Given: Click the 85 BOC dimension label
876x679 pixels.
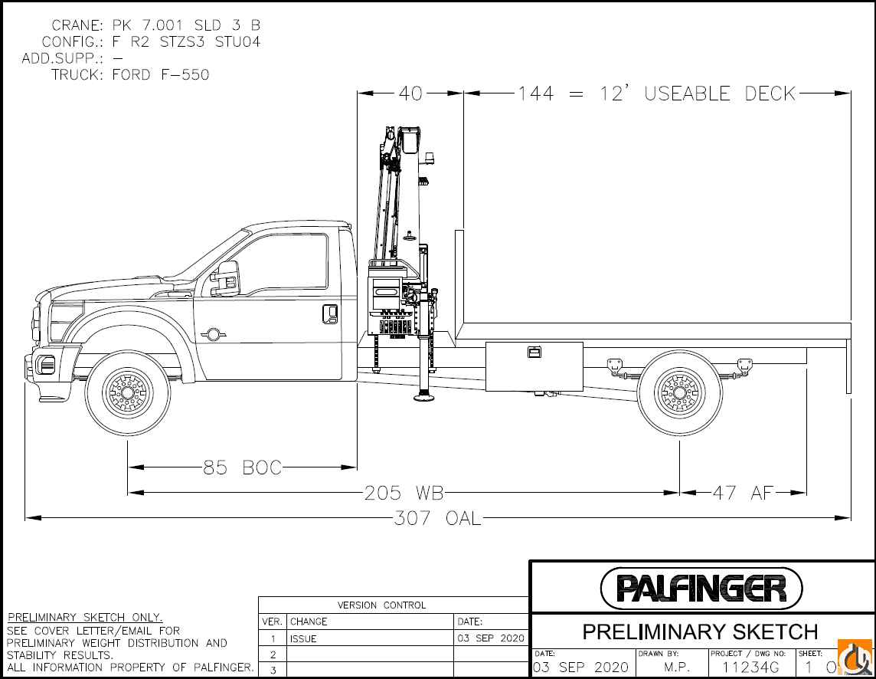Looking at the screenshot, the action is point(243,467).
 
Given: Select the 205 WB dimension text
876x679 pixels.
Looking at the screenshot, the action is point(404,493).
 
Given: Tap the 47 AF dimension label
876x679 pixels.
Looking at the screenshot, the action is point(743,493).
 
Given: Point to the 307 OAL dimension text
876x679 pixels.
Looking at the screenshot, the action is point(437,519).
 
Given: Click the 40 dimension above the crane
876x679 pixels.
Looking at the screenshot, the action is point(410,93).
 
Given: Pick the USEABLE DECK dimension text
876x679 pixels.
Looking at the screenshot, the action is point(657,93).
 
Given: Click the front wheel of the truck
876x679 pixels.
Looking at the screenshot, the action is point(128,392).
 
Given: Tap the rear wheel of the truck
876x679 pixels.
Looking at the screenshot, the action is point(679,392).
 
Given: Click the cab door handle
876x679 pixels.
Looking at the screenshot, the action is point(330,313).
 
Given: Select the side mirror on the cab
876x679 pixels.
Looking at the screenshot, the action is point(225,278).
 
